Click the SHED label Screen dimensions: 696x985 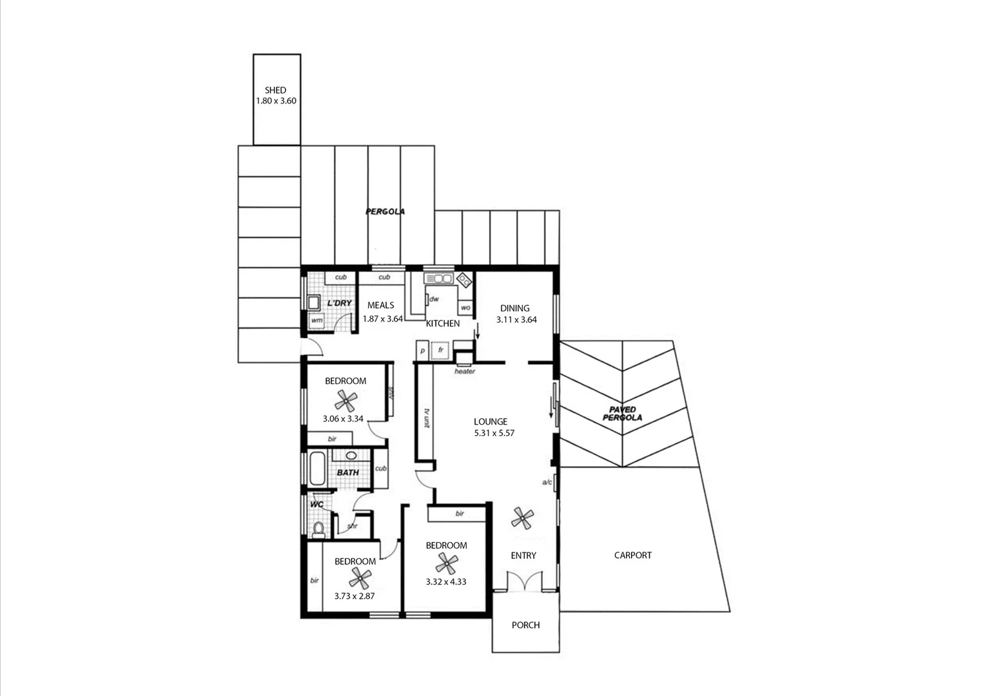click(275, 90)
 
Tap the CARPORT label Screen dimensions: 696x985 click(632, 555)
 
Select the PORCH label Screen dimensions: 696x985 click(525, 625)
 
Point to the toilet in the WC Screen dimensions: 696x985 click(318, 530)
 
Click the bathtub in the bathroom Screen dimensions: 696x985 click(317, 470)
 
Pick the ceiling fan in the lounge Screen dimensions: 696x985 click(523, 517)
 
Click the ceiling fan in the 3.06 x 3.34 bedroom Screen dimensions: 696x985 click(348, 401)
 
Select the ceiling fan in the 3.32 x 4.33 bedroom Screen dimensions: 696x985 click(445, 565)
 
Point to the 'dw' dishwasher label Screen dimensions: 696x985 click(434, 299)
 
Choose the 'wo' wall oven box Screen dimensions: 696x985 click(465, 308)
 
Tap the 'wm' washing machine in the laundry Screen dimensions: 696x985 click(317, 320)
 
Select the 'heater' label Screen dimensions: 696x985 click(465, 372)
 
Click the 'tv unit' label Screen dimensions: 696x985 click(426, 418)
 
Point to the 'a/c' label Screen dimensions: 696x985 click(547, 482)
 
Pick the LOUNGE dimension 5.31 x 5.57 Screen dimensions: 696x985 click(494, 434)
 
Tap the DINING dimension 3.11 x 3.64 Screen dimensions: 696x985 click(516, 319)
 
